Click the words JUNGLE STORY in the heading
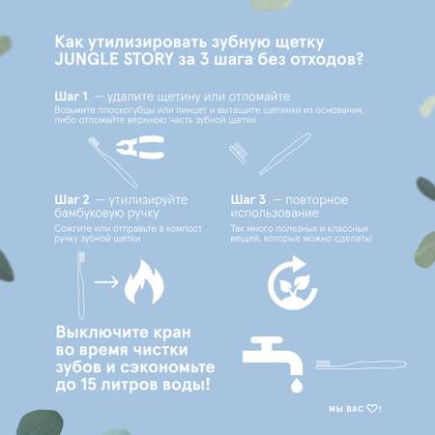tap(114, 59)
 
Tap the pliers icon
tap(140, 147)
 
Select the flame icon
tap(144, 282)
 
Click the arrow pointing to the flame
tap(106, 282)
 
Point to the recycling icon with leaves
tap(293, 283)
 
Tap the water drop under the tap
tap(297, 386)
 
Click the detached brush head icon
tap(239, 152)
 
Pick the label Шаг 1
tap(72, 96)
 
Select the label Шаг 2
tap(72, 200)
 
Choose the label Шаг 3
tap(248, 200)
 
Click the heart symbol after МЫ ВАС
tap(372, 409)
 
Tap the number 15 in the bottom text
tap(89, 384)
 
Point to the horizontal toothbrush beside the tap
tap(362, 364)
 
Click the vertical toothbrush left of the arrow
tap(81, 285)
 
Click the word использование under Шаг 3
tap(275, 213)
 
